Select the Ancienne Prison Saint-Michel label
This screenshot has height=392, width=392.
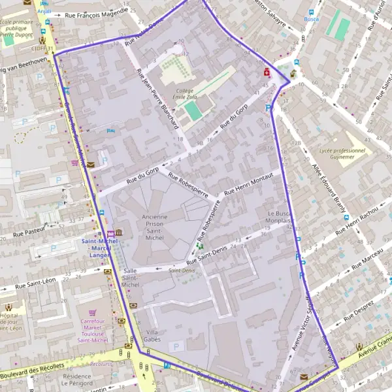(x=154, y=226)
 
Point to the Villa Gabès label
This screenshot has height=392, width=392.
(x=152, y=335)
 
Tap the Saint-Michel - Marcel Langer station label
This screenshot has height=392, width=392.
(x=95, y=247)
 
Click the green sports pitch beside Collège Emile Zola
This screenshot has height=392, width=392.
(x=193, y=110)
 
